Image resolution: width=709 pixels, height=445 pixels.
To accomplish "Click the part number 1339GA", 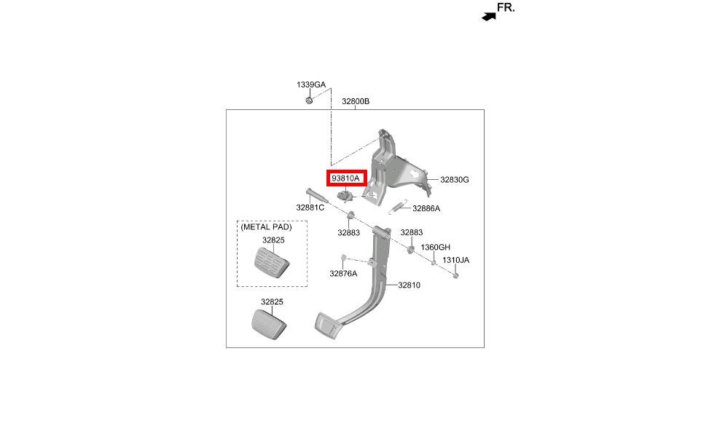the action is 311,84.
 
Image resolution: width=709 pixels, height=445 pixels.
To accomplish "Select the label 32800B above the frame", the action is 356,101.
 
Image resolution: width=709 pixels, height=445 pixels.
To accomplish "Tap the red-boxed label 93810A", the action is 346,178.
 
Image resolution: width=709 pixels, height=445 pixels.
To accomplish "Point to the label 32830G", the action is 455,179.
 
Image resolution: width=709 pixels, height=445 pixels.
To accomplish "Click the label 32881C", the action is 310,208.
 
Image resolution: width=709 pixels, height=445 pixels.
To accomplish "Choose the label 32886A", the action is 426,208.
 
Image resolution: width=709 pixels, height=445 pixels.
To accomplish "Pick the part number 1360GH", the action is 436,247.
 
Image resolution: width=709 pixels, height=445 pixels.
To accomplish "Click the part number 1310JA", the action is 456,260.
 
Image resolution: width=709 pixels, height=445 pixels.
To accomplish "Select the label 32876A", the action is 343,273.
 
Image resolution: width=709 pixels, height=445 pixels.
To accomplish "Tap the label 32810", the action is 410,285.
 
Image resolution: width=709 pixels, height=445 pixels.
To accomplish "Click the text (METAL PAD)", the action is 266,227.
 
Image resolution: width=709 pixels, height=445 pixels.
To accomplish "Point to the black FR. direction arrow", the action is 489,17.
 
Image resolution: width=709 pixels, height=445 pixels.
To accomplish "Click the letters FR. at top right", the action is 506,7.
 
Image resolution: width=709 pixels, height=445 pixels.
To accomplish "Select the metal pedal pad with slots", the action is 272,263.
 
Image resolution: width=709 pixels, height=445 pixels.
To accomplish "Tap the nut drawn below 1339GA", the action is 309,100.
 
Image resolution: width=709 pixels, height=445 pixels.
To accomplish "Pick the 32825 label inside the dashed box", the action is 273,240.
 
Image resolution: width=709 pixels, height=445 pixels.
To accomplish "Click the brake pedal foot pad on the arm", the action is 326,325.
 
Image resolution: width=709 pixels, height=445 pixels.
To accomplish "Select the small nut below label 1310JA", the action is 456,275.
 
